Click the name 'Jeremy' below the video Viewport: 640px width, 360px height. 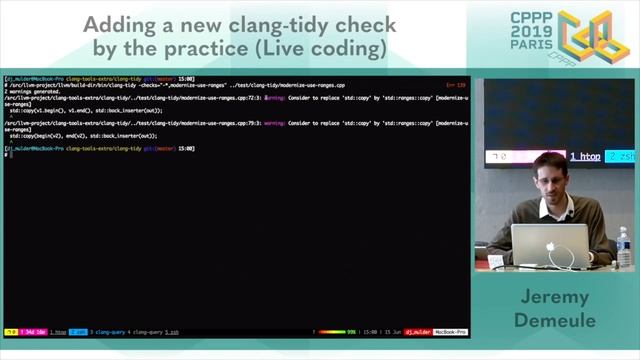553,299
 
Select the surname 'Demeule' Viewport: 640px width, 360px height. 553,321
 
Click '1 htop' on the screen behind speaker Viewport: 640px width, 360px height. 585,157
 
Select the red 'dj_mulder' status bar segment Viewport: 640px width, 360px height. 416,331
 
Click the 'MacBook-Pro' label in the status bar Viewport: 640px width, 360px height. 449,331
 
